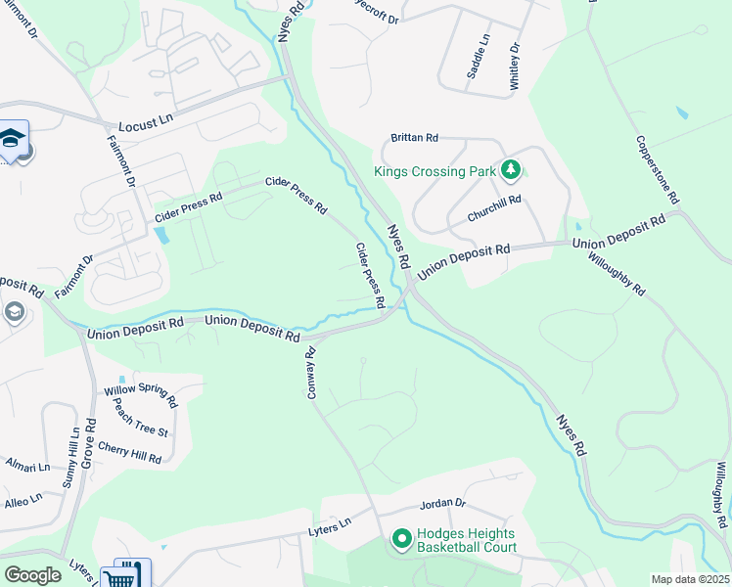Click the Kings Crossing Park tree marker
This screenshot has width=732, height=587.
click(x=509, y=171)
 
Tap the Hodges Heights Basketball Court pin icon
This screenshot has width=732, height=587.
click(x=401, y=539)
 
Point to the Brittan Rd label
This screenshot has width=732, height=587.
click(x=415, y=139)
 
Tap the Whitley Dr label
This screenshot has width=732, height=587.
click(x=514, y=67)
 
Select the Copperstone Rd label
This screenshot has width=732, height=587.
click(x=658, y=169)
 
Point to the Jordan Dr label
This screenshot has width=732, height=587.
click(x=442, y=505)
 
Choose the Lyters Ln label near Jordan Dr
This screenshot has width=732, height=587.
click(x=330, y=525)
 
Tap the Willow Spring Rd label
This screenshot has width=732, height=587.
click(x=141, y=395)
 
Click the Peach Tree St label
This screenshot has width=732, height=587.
click(x=141, y=418)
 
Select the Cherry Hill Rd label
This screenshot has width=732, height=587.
click(x=130, y=452)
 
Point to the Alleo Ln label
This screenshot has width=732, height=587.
click(x=23, y=500)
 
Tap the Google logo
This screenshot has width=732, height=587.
click(x=32, y=574)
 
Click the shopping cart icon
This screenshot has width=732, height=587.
click(x=132, y=576)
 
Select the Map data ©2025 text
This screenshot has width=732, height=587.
click(x=690, y=579)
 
